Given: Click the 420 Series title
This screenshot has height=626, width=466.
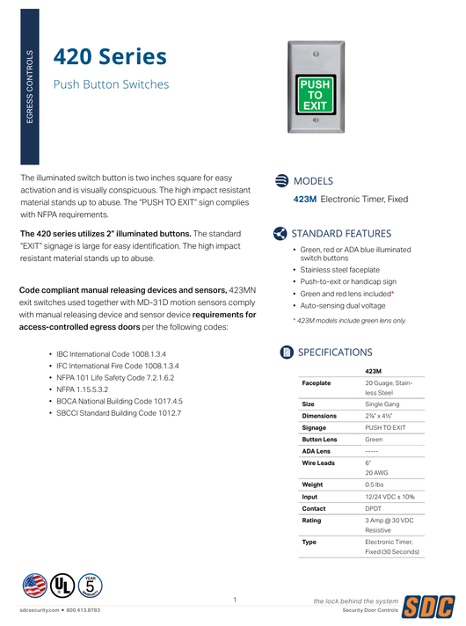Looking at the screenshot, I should [110, 57].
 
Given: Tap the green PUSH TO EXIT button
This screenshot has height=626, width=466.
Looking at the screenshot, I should [316, 93].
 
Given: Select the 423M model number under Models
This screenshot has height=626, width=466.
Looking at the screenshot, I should [304, 200].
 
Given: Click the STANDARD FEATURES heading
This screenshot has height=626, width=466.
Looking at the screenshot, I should [341, 234].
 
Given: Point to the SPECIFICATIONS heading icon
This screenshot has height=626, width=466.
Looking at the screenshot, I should [286, 353].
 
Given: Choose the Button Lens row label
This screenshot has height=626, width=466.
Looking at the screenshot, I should [319, 439].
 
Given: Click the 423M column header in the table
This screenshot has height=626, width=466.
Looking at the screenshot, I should [374, 371].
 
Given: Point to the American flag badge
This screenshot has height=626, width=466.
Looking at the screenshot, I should [34, 585].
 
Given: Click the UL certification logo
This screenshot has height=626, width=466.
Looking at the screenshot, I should [63, 585].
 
